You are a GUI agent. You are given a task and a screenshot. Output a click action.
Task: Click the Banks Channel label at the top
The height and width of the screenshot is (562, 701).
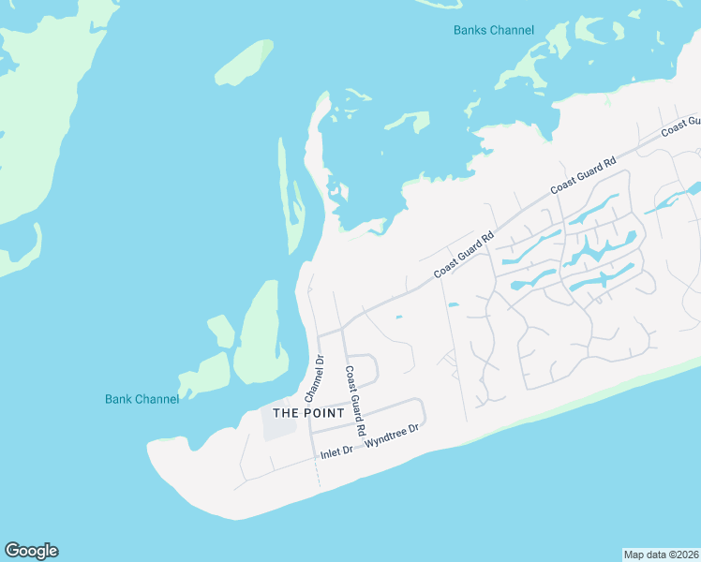pyautogui.click(x=493, y=30)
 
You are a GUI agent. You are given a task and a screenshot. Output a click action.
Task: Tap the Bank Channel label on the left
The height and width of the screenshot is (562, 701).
pyautogui.click(x=142, y=399)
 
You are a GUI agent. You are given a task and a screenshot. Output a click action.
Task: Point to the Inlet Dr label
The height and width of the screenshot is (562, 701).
pyautogui.click(x=336, y=451)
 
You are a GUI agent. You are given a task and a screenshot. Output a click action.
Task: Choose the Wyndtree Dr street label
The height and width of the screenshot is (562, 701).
pyautogui.click(x=395, y=435)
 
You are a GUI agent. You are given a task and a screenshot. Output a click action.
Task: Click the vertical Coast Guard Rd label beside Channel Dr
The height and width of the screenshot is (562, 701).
pyautogui.click(x=354, y=400)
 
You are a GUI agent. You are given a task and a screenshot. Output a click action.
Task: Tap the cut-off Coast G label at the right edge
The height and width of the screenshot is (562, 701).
pyautogui.click(x=681, y=126)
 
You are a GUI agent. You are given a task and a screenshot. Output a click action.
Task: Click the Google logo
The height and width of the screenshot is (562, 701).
pyautogui.click(x=31, y=551)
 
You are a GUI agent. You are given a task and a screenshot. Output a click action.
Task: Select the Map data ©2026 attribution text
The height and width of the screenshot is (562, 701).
pyautogui.click(x=661, y=554)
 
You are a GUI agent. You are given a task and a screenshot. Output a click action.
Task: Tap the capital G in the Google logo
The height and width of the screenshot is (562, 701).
pyautogui.click(x=12, y=550)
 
